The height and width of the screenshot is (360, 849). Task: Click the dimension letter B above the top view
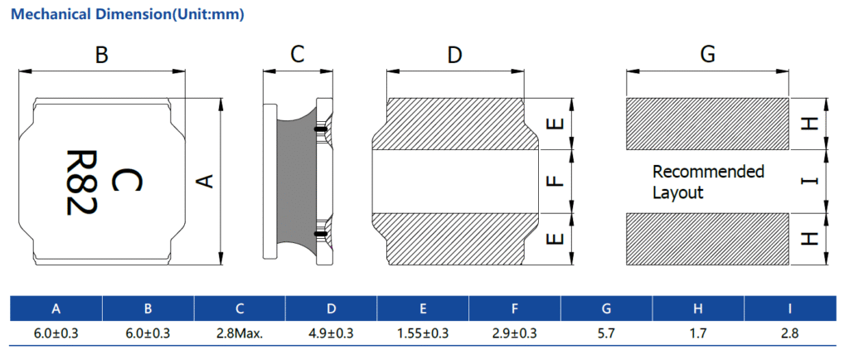(x=101, y=56)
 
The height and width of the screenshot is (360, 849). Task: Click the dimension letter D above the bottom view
(x=454, y=56)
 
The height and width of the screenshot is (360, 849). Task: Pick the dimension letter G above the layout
(x=707, y=55)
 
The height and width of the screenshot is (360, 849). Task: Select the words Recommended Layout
(x=707, y=182)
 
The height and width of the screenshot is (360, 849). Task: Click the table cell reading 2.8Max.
(x=240, y=333)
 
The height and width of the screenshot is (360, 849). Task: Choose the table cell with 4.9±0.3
(x=332, y=333)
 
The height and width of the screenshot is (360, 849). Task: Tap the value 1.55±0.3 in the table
(x=423, y=333)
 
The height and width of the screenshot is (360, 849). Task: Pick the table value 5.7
(x=607, y=333)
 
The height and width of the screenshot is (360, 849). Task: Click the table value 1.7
(x=698, y=333)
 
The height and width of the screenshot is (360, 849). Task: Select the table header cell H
(x=698, y=309)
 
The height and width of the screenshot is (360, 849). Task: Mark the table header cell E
(x=423, y=309)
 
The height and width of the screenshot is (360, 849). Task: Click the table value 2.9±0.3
(x=515, y=333)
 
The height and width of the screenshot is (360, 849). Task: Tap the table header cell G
(x=607, y=309)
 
